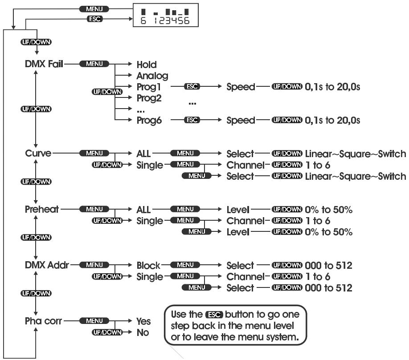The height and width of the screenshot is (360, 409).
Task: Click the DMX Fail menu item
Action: pyautogui.click(x=44, y=64)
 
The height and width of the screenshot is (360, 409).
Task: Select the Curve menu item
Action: pyautogui.click(x=38, y=153)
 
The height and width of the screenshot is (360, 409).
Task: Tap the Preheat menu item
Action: pyautogui.click(x=42, y=209)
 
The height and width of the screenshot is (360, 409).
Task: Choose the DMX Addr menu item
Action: pyautogui.click(x=47, y=265)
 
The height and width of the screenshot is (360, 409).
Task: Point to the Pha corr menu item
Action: pyautogui.click(x=43, y=321)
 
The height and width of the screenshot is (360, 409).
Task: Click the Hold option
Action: pyautogui.click(x=147, y=65)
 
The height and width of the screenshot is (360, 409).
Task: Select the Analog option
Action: pyautogui.click(x=152, y=76)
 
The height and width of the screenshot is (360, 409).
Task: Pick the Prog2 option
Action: pyautogui.click(x=149, y=98)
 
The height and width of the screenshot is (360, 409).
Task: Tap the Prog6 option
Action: pyautogui.click(x=149, y=120)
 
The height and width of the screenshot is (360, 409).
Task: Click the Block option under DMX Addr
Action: pyautogui.click(x=148, y=266)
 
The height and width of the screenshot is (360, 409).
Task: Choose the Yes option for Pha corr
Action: pyautogui.click(x=143, y=321)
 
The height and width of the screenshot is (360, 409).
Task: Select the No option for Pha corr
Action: pyautogui.click(x=143, y=332)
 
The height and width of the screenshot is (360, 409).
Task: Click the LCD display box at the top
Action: pyautogui.click(x=166, y=15)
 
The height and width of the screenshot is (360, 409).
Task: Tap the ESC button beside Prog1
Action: pyautogui.click(x=192, y=86)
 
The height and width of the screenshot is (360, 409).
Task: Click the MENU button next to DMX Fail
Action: pyautogui.click(x=94, y=64)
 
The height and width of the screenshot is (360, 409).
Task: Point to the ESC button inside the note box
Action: pyautogui.click(x=214, y=315)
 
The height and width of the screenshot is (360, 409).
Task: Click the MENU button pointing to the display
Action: pyautogui.click(x=94, y=9)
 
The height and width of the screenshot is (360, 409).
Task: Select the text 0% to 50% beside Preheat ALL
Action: pyautogui.click(x=329, y=210)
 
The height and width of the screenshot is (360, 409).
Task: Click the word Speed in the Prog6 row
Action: pyautogui.click(x=241, y=120)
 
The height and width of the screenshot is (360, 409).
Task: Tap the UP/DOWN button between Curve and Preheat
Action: pyautogui.click(x=36, y=182)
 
